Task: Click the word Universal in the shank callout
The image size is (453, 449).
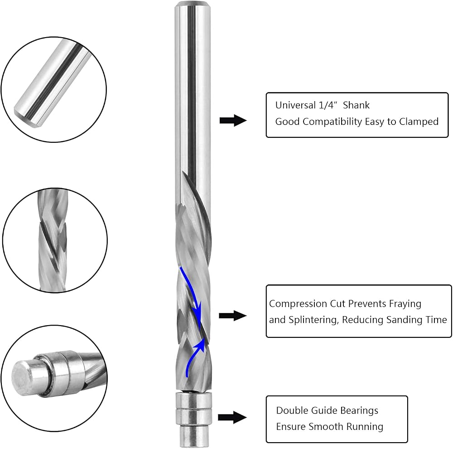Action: pyautogui.click(x=295, y=105)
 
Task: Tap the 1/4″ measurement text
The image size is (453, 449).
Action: pyautogui.click(x=328, y=105)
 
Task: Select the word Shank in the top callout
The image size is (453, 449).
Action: pyautogui.click(x=356, y=105)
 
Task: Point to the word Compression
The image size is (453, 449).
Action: pyautogui.click(x=293, y=304)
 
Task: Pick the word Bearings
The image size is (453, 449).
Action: pyautogui.click(x=359, y=411)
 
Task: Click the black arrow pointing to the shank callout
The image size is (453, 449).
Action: pyautogui.click(x=233, y=120)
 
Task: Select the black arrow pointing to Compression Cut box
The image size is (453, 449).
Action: pyautogui.click(x=232, y=316)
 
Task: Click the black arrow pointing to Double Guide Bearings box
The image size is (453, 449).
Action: pyautogui.click(x=232, y=417)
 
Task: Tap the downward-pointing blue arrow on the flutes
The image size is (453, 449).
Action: pyautogui.click(x=192, y=292)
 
